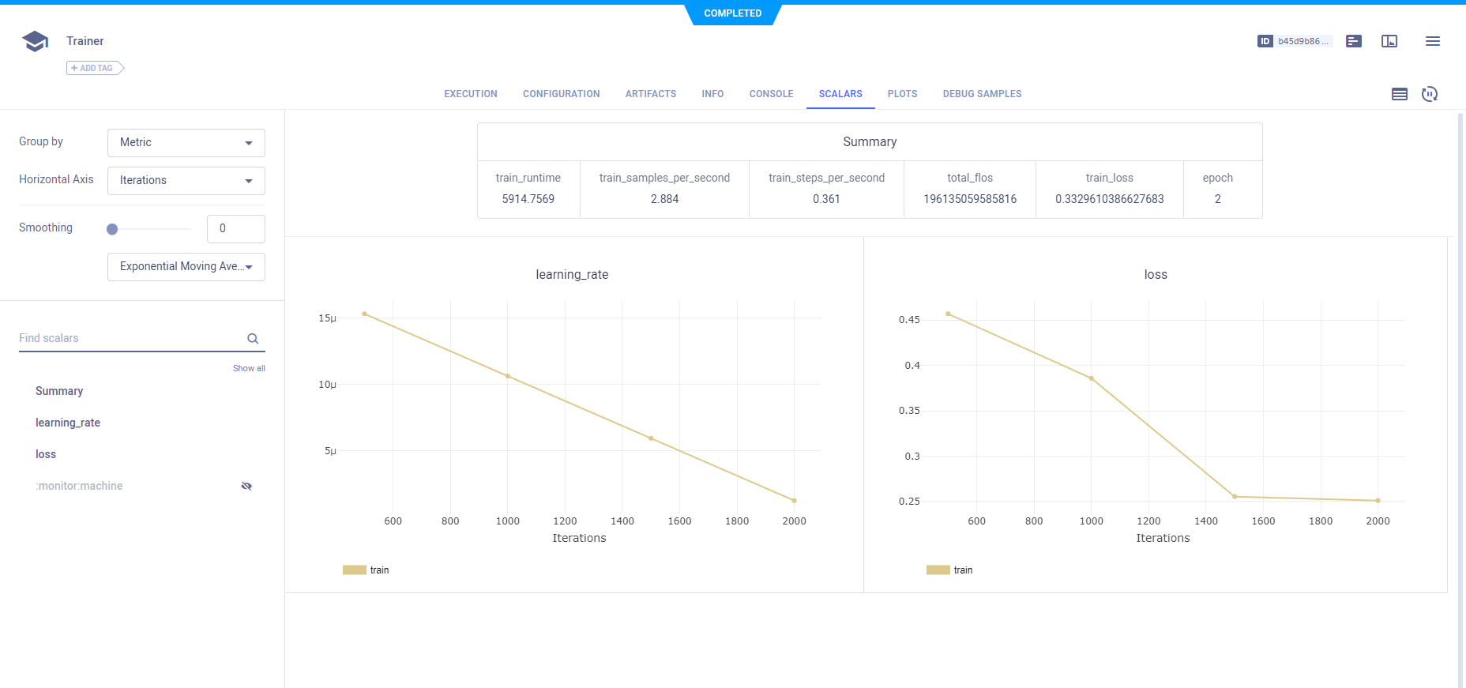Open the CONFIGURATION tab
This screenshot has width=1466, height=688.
[x=561, y=94]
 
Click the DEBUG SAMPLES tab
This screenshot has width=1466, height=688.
[x=982, y=94]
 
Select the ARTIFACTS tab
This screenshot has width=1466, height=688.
[x=651, y=94]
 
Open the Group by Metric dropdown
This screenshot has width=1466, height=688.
[x=186, y=143]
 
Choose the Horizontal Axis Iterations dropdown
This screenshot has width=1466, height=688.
[x=186, y=181]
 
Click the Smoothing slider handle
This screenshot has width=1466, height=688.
[x=112, y=229]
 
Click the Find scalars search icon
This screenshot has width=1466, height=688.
[x=253, y=339]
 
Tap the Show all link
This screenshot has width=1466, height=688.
[x=249, y=368]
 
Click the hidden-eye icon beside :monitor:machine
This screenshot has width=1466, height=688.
[x=246, y=486]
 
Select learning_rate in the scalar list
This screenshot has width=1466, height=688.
[x=68, y=423]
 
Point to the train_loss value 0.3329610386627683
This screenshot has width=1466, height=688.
[x=1109, y=199]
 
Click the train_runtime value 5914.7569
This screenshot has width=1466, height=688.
[x=528, y=199]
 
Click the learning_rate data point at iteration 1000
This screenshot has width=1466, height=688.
[x=508, y=376]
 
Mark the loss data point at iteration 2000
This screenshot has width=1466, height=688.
[x=1378, y=501]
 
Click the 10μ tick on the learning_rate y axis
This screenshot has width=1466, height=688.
[x=327, y=385]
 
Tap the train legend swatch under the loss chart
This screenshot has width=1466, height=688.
[x=938, y=570]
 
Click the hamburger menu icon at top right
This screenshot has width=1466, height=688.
[x=1432, y=41]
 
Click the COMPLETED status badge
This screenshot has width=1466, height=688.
[x=733, y=13]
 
